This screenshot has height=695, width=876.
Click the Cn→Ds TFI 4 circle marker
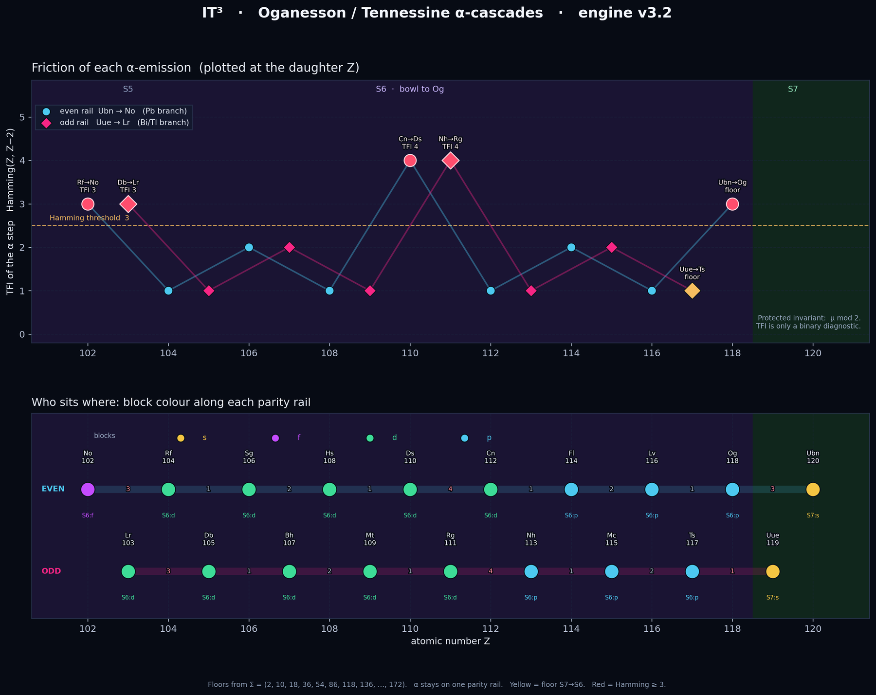pyautogui.click(x=410, y=160)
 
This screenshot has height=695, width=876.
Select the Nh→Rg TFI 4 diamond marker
pyautogui.click(x=450, y=160)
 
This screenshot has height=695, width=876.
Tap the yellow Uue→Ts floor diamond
pyautogui.click(x=692, y=291)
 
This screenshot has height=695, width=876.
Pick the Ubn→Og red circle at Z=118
pyautogui.click(x=732, y=204)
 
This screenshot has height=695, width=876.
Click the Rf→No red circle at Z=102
pyautogui.click(x=88, y=204)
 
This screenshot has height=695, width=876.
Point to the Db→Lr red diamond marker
pyautogui.click(x=128, y=204)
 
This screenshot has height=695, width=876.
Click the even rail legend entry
pyautogui.click(x=114, y=111)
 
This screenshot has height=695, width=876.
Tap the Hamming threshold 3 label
pyautogui.click(x=90, y=218)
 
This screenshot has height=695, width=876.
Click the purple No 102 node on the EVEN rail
pyautogui.click(x=88, y=489)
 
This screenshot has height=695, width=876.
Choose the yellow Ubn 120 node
pyautogui.click(x=813, y=489)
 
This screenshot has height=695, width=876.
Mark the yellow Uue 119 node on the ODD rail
pyautogui.click(x=772, y=571)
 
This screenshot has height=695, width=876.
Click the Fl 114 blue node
pyautogui.click(x=571, y=489)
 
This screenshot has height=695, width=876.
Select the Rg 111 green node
pyautogui.click(x=450, y=571)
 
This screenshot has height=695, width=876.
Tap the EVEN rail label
pyautogui.click(x=53, y=489)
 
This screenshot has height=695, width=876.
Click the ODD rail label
pyautogui.click(x=52, y=571)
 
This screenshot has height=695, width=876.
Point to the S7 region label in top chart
pyautogui.click(x=793, y=89)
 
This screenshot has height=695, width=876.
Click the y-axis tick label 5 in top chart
pyautogui.click(x=22, y=117)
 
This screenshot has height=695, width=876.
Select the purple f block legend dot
pyautogui.click(x=275, y=438)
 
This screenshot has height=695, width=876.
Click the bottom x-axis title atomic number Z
pyautogui.click(x=450, y=641)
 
